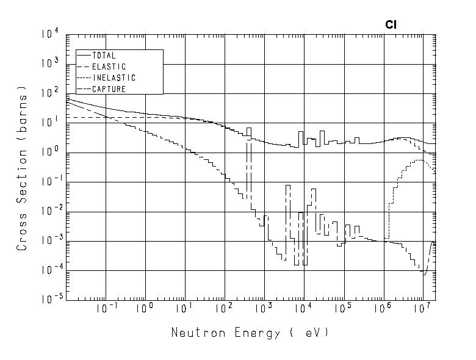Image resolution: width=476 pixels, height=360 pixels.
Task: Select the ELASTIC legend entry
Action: (x=108, y=67)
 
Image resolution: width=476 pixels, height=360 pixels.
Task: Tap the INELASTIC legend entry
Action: (x=113, y=78)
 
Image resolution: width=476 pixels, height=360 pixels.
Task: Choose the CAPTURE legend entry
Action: (x=108, y=89)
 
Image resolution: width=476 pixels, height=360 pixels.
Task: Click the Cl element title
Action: (x=391, y=25)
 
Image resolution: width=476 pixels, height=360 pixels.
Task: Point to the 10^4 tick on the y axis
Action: (x=51, y=35)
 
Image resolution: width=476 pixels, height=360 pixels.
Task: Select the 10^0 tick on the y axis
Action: (x=51, y=153)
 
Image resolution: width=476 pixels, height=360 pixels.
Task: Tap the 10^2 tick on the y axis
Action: (x=51, y=93)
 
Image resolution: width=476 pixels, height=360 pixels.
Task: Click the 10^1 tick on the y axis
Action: (x=51, y=123)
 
